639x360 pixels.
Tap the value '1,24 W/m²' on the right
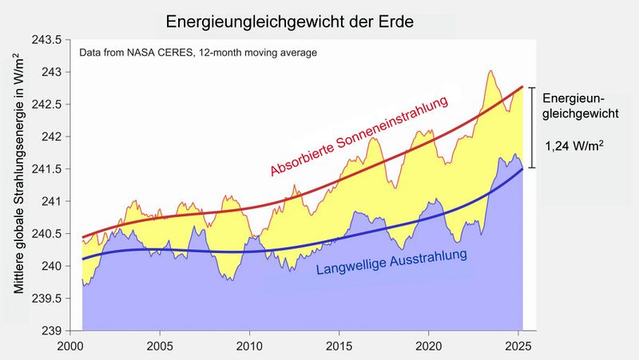pos(574,147)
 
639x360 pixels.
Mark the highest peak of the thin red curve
pos(490,71)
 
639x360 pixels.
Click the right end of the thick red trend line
pos(522,86)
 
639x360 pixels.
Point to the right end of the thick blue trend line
pos(522,169)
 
